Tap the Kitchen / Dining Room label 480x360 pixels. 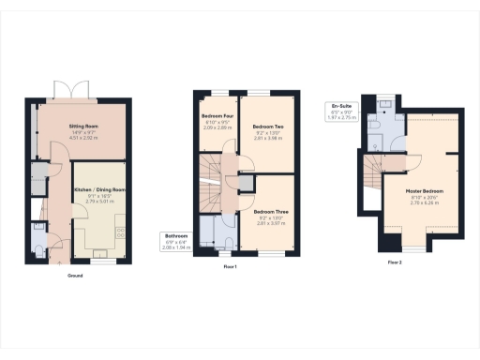click(x=98, y=189)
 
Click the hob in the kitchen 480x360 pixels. click(x=121, y=232)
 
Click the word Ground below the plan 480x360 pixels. click(x=75, y=277)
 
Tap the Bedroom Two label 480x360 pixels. click(x=269, y=125)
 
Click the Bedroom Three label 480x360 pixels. click(x=269, y=213)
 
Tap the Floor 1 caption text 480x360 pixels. click(x=230, y=268)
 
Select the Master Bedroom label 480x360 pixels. click(x=425, y=191)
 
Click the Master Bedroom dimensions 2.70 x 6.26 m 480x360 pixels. click(x=425, y=202)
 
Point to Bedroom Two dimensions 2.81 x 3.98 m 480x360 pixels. click(x=269, y=136)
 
